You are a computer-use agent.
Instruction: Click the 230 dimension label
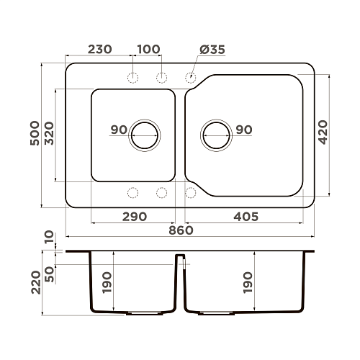tap(100, 49)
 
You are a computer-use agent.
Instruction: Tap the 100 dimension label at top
tap(148, 49)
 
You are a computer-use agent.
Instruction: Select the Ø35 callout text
tap(212, 50)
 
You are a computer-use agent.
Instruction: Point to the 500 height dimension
tap(35, 133)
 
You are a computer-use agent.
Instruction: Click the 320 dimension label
tap(49, 133)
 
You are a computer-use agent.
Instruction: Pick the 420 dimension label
tap(323, 132)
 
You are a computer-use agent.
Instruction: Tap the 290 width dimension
tap(135, 217)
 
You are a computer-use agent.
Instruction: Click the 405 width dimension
tap(246, 217)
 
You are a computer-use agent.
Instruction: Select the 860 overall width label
tap(181, 230)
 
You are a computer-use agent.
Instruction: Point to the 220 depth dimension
tap(36, 282)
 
